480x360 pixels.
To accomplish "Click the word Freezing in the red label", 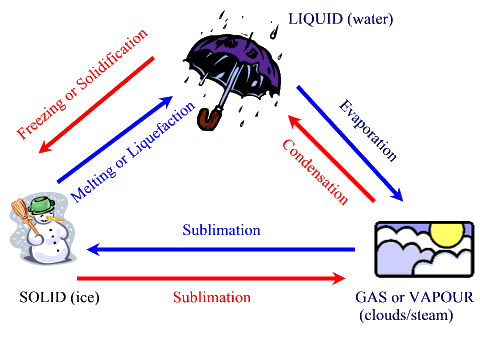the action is click(x=42, y=118).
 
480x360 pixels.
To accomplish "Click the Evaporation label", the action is click(x=368, y=130).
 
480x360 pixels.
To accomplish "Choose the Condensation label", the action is click(x=315, y=171).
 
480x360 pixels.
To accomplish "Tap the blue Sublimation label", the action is click(x=221, y=230).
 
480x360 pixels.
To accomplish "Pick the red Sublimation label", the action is click(x=212, y=297).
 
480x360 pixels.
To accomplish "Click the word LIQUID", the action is click(x=315, y=19).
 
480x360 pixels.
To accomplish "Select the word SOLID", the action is click(x=43, y=297).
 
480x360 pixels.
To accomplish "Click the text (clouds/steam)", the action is click(x=406, y=315).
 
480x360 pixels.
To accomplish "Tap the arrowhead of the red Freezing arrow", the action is click(x=45, y=147).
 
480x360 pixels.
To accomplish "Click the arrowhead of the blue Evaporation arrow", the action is click(x=397, y=195).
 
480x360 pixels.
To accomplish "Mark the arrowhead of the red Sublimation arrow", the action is click(x=339, y=278).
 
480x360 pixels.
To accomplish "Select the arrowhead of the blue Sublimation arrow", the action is click(x=93, y=249).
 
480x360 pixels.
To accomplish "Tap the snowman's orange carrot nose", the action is click(x=55, y=219).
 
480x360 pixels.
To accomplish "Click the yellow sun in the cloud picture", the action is click(x=447, y=233).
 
